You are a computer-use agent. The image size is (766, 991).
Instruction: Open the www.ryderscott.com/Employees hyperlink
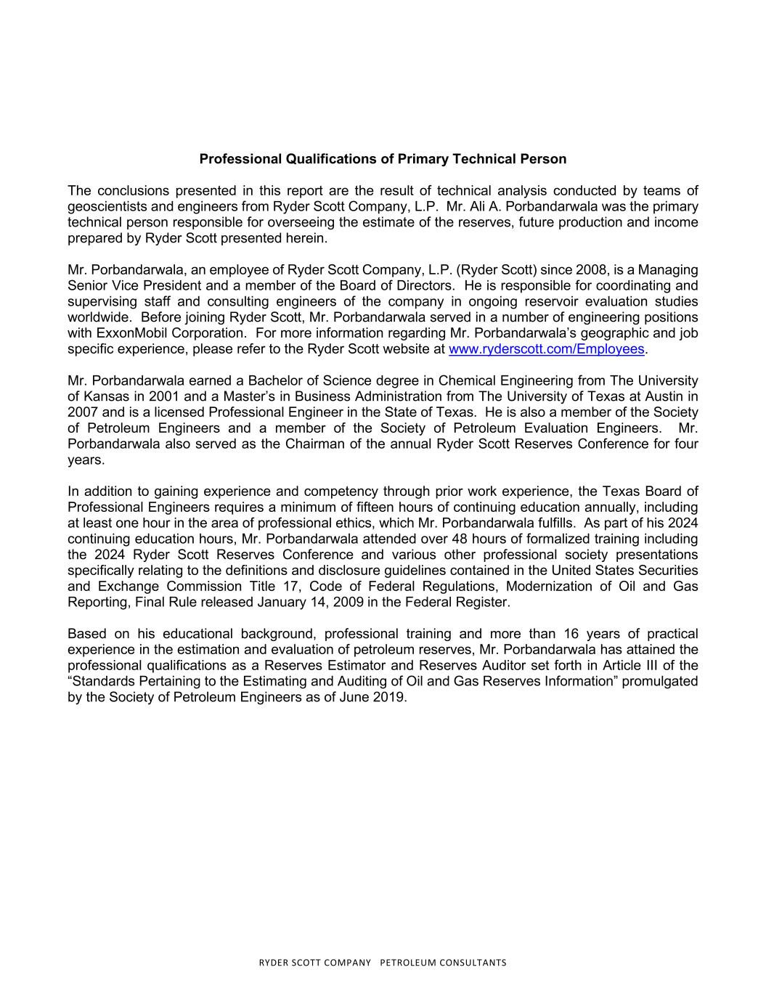click(x=546, y=349)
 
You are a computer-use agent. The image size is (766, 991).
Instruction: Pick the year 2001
click(x=163, y=396)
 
